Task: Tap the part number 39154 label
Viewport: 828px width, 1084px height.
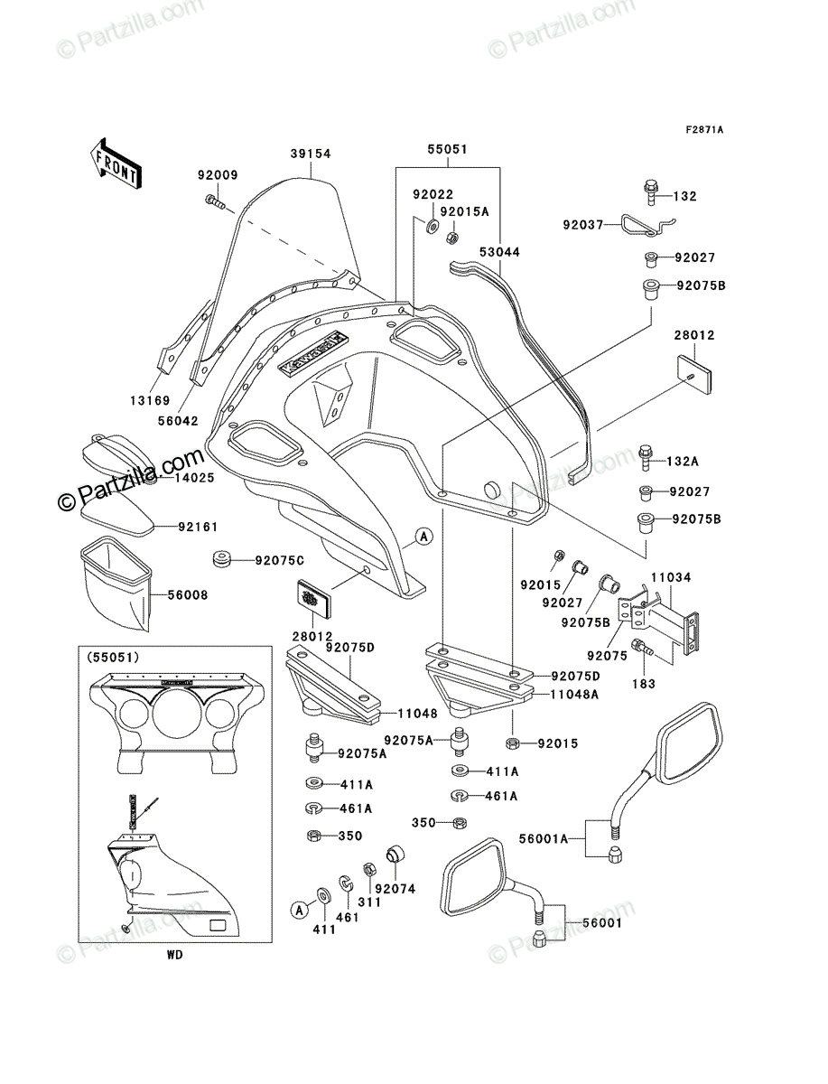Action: pyautogui.click(x=311, y=154)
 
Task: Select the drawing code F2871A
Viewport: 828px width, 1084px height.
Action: pyautogui.click(x=704, y=130)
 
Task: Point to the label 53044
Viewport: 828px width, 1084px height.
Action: pyautogui.click(x=499, y=252)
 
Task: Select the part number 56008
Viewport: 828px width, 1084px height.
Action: pyautogui.click(x=188, y=595)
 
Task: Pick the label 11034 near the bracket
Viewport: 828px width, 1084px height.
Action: pyautogui.click(x=671, y=577)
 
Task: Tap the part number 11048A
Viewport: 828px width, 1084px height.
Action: pyautogui.click(x=574, y=695)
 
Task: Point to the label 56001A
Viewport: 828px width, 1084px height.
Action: pyautogui.click(x=544, y=838)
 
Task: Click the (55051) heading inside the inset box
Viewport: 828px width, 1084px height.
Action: pyautogui.click(x=113, y=658)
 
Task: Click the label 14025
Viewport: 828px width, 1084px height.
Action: pyautogui.click(x=194, y=478)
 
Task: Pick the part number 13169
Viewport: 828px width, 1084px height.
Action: pyautogui.click(x=150, y=400)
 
